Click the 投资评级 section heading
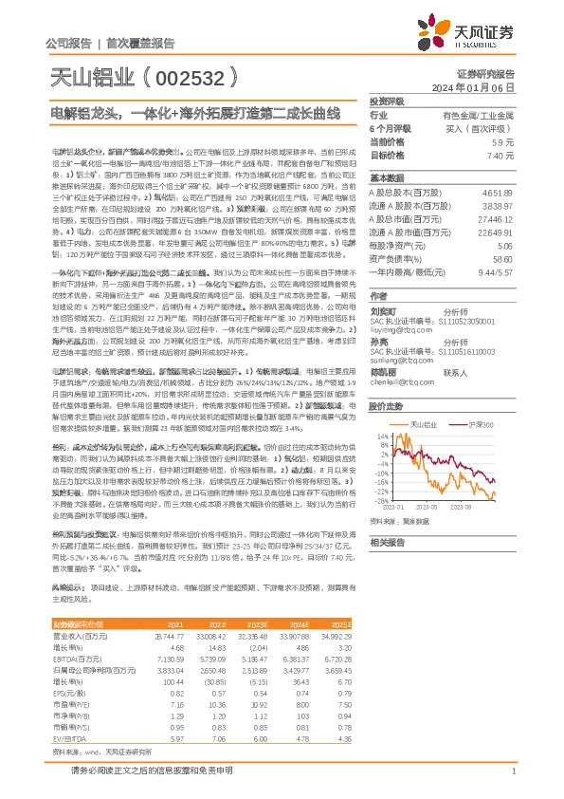coord(387,101)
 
